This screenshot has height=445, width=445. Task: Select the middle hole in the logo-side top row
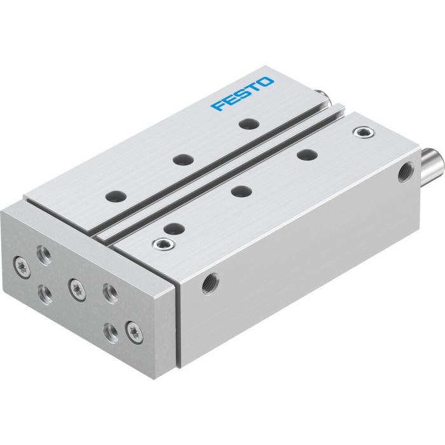(182, 160)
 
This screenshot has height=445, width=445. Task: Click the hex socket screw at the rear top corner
(363, 132)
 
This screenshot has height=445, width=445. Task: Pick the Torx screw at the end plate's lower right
(133, 330)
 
